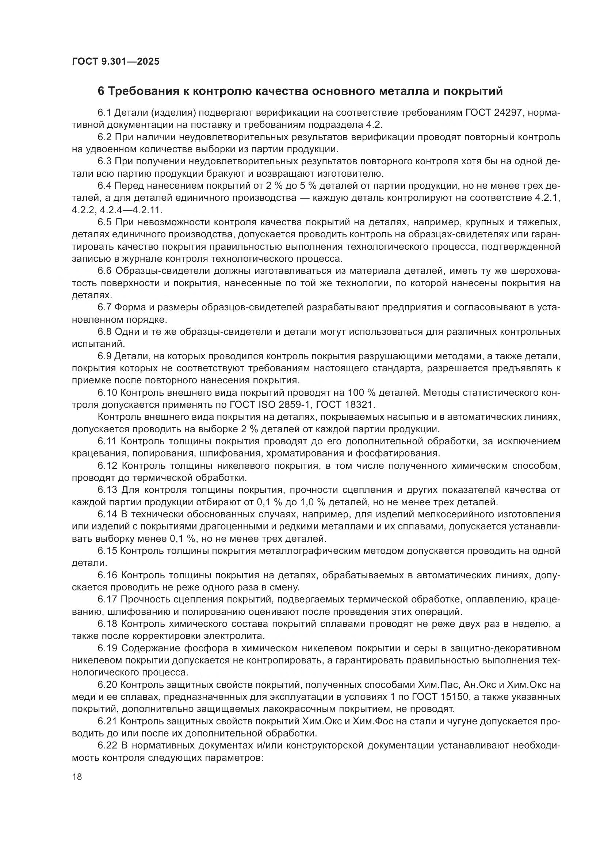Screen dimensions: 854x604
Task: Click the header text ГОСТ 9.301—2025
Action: point(116,61)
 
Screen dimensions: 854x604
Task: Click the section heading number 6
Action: point(101,91)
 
